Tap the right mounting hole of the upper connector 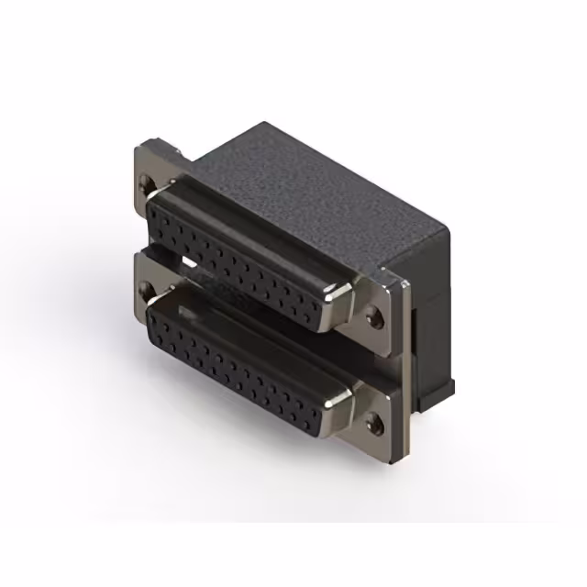click(x=373, y=319)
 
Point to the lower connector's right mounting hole click(x=373, y=423)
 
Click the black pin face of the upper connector click(x=238, y=258)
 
